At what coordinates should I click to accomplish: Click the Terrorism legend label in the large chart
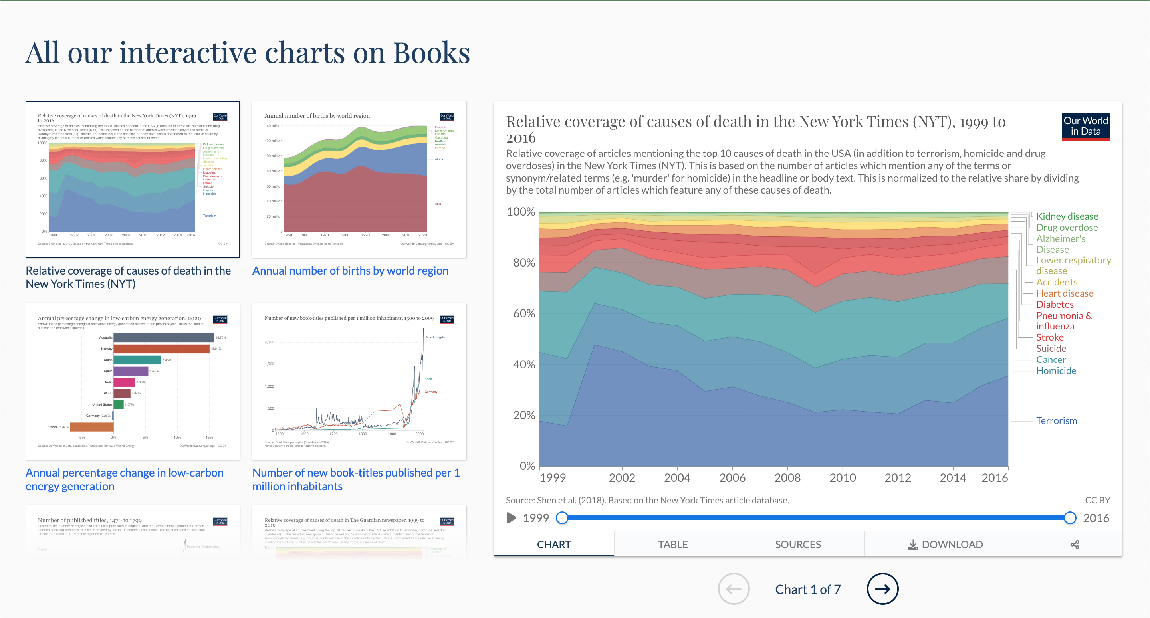click(1056, 420)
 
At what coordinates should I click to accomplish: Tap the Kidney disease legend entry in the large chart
click(1067, 216)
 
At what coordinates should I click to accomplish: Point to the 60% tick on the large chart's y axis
click(523, 313)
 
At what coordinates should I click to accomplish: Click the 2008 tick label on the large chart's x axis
click(787, 477)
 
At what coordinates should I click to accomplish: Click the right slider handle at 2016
click(1070, 518)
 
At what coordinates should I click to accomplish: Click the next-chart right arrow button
click(882, 588)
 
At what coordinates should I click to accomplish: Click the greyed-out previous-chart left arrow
click(734, 588)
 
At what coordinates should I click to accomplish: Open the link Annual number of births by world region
click(350, 271)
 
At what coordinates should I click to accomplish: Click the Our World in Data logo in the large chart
click(1085, 126)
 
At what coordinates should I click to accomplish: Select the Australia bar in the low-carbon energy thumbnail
click(163, 337)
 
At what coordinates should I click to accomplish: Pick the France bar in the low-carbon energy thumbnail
click(91, 427)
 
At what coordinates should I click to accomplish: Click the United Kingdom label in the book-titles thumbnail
click(436, 337)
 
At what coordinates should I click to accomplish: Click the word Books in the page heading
click(431, 53)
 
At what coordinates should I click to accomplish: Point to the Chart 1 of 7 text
click(807, 589)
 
